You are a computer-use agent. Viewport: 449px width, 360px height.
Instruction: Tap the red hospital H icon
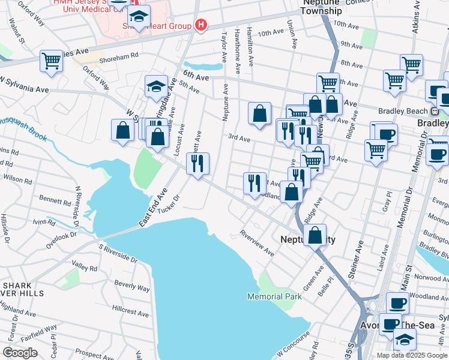tap(201, 26)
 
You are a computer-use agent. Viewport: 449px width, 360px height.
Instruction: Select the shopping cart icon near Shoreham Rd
tap(52, 61)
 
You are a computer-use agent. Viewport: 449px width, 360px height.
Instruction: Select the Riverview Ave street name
tap(256, 241)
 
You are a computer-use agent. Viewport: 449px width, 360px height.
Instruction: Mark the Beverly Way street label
tap(132, 288)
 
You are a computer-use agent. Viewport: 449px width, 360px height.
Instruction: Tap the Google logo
tap(20, 353)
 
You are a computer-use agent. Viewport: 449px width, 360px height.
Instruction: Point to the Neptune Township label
tap(322, 7)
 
